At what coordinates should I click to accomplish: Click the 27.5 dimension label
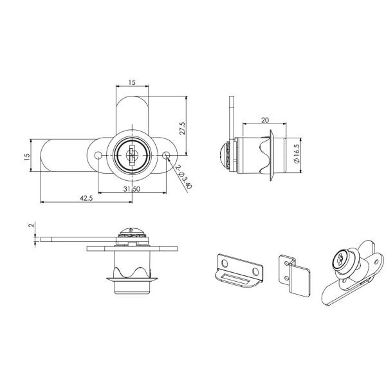point(183,127)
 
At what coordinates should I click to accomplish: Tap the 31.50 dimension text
point(131,188)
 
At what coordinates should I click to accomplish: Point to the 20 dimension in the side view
point(265,120)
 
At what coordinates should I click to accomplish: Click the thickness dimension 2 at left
point(30,226)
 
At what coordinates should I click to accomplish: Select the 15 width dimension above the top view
point(132,83)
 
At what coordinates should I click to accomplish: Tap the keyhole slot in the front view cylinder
point(132,154)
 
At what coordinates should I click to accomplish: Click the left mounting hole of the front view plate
point(97,156)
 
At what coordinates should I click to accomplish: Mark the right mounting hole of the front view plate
point(167,155)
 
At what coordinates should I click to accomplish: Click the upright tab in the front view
point(132,113)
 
